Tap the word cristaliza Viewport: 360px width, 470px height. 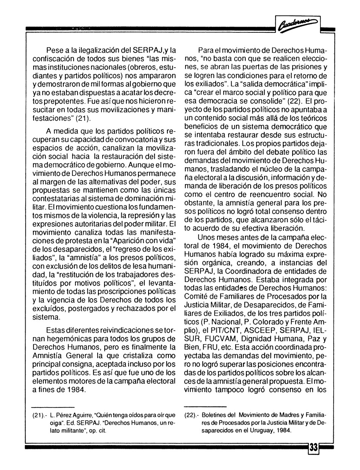coord(130,355)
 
